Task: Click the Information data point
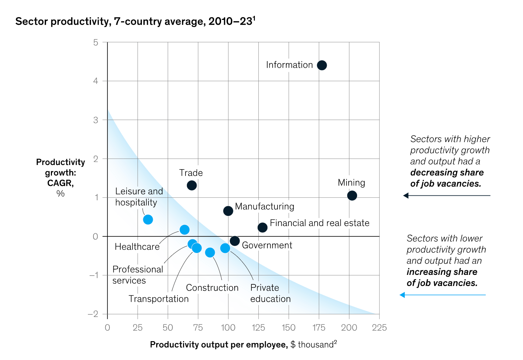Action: click(x=322, y=65)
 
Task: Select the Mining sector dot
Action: click(x=352, y=195)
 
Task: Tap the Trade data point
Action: click(x=192, y=185)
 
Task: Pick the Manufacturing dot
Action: click(x=228, y=211)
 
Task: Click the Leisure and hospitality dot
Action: click(x=148, y=219)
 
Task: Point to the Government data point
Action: click(x=235, y=241)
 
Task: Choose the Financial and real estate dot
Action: click(x=263, y=227)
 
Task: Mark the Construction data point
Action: click(x=210, y=253)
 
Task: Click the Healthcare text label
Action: click(x=137, y=247)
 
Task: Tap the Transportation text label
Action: click(x=158, y=299)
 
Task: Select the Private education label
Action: click(x=270, y=293)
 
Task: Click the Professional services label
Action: click(x=138, y=275)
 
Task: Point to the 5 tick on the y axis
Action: click(x=96, y=43)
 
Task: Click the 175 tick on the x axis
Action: click(x=319, y=328)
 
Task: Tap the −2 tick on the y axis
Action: click(x=93, y=314)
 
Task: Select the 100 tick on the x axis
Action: click(x=228, y=328)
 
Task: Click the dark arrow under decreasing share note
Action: click(x=446, y=196)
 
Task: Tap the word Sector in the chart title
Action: click(x=31, y=22)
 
